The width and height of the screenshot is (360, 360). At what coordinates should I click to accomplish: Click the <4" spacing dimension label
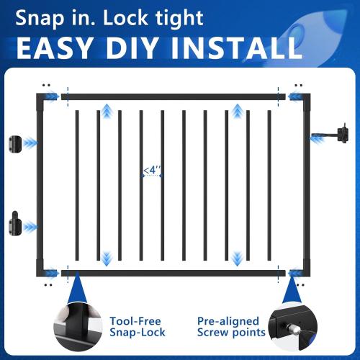tap(152, 171)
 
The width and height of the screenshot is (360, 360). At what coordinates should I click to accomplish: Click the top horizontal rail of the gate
tap(173, 96)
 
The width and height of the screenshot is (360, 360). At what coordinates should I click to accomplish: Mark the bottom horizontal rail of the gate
tap(173, 271)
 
